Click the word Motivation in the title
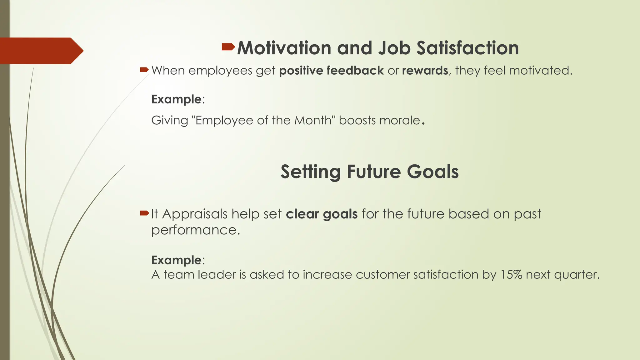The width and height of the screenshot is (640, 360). click(284, 48)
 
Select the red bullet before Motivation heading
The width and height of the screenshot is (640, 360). click(228, 47)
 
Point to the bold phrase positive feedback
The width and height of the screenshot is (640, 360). click(331, 71)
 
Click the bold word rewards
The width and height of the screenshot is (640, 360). click(425, 71)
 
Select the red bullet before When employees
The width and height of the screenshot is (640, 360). click(144, 70)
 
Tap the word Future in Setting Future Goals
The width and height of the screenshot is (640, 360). click(373, 172)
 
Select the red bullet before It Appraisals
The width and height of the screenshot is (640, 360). click(144, 213)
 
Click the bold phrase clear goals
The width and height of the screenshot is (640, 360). click(322, 214)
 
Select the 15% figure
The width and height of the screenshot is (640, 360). click(511, 275)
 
